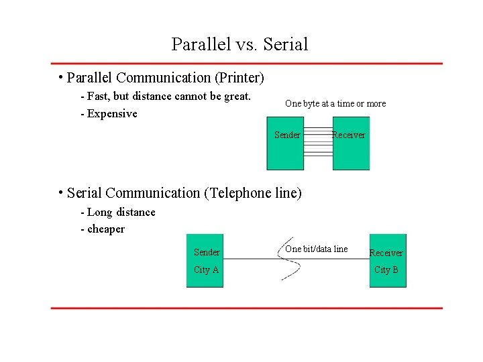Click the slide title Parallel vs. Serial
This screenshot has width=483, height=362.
[x=239, y=44]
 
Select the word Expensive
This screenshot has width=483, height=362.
[x=112, y=114]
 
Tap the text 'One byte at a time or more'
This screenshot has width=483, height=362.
[x=335, y=104]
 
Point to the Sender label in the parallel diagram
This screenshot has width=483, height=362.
[x=287, y=135]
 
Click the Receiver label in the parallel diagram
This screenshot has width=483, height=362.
[x=349, y=135]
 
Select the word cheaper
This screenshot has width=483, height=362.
[x=106, y=229]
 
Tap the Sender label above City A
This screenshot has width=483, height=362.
[x=207, y=253]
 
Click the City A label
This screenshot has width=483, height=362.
[x=207, y=270]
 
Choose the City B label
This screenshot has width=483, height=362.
[x=386, y=270]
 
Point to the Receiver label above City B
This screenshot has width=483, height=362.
[x=386, y=253]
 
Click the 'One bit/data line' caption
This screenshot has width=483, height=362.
[x=317, y=249]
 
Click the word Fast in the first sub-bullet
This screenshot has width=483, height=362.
[x=99, y=97]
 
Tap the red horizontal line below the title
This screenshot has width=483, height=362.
[x=247, y=64]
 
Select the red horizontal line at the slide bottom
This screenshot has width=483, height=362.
[x=247, y=308]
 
